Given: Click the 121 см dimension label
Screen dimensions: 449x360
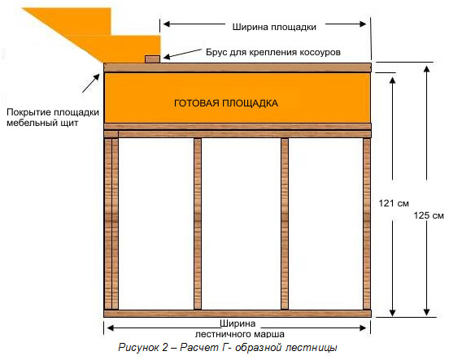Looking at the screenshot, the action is (x=394, y=203).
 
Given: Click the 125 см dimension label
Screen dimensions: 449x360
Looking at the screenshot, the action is (x=429, y=215).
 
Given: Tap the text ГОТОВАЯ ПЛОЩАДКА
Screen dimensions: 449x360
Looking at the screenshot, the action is (x=226, y=103).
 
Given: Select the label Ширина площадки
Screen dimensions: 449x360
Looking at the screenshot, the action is (x=274, y=27).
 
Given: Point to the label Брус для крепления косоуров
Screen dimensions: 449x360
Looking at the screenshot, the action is (x=273, y=52).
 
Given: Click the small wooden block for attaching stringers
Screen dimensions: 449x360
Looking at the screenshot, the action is (x=152, y=59).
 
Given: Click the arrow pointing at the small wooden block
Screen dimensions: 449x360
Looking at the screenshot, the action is (x=182, y=54).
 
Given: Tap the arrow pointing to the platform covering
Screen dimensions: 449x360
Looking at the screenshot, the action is (x=91, y=83).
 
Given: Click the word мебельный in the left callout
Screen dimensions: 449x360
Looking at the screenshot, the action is (x=29, y=123).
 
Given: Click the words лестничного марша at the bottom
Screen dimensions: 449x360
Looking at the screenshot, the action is (x=240, y=334).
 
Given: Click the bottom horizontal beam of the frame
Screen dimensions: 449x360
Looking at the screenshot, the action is (x=238, y=314).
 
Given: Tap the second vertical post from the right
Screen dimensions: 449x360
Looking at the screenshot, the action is (x=285, y=223).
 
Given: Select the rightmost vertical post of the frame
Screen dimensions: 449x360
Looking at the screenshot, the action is (x=367, y=223).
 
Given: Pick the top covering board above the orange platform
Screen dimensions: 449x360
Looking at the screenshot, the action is (x=238, y=67).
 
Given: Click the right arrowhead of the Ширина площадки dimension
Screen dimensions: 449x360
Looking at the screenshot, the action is (x=363, y=24).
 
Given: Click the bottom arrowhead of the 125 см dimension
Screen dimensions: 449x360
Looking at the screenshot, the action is (x=427, y=311).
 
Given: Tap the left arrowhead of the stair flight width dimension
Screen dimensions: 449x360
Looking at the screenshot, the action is (x=111, y=328).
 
